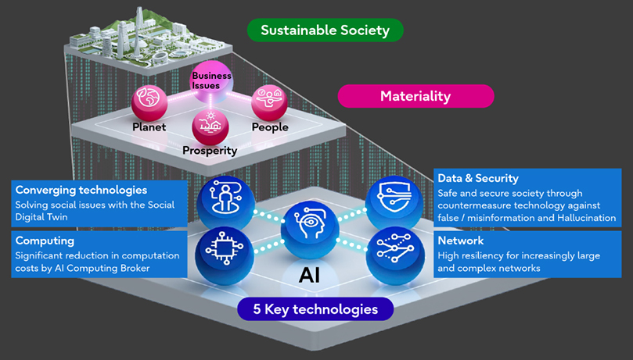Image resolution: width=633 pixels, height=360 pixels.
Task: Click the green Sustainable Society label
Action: coord(325,30)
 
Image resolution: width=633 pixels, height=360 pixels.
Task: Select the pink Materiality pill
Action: coord(415,96)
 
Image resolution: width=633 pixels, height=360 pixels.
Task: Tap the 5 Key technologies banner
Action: coord(315,309)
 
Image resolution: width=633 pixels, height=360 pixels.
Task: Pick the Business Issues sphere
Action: coord(211,81)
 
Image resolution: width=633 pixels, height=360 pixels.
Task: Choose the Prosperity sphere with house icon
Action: coord(210,125)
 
